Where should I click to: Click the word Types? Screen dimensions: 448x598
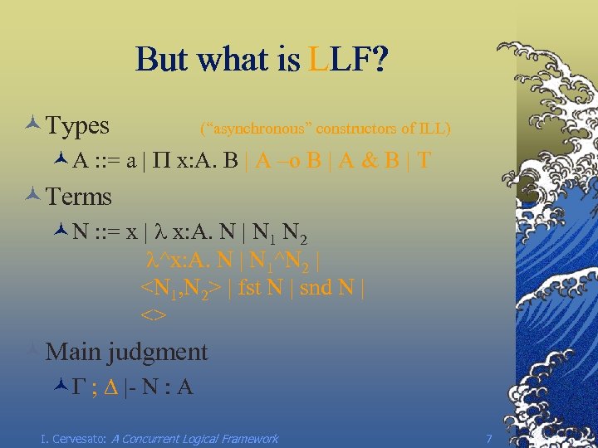[x=78, y=126]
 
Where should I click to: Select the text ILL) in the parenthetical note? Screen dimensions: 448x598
[x=435, y=129]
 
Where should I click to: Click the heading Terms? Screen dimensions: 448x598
[x=79, y=197]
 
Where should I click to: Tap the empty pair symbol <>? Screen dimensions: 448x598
[x=154, y=315]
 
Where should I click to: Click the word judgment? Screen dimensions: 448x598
[x=157, y=352]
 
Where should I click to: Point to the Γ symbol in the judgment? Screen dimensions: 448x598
[x=79, y=387]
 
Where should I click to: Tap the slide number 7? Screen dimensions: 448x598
[x=489, y=438]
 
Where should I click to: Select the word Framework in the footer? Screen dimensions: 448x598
[x=247, y=438]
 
